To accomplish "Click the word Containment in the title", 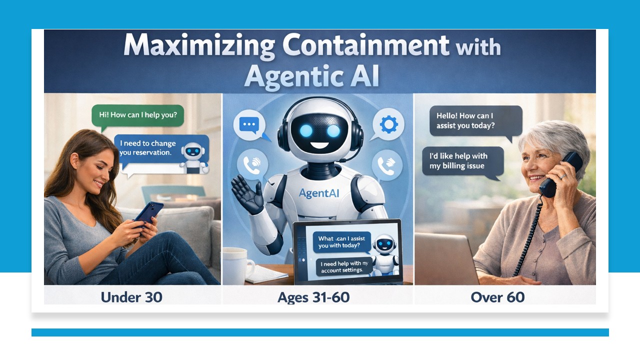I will point(366,46).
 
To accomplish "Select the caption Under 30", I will point(131,297).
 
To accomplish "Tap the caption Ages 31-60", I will point(313,297).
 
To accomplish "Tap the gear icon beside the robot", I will point(388,124).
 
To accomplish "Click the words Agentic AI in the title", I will point(312,76).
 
